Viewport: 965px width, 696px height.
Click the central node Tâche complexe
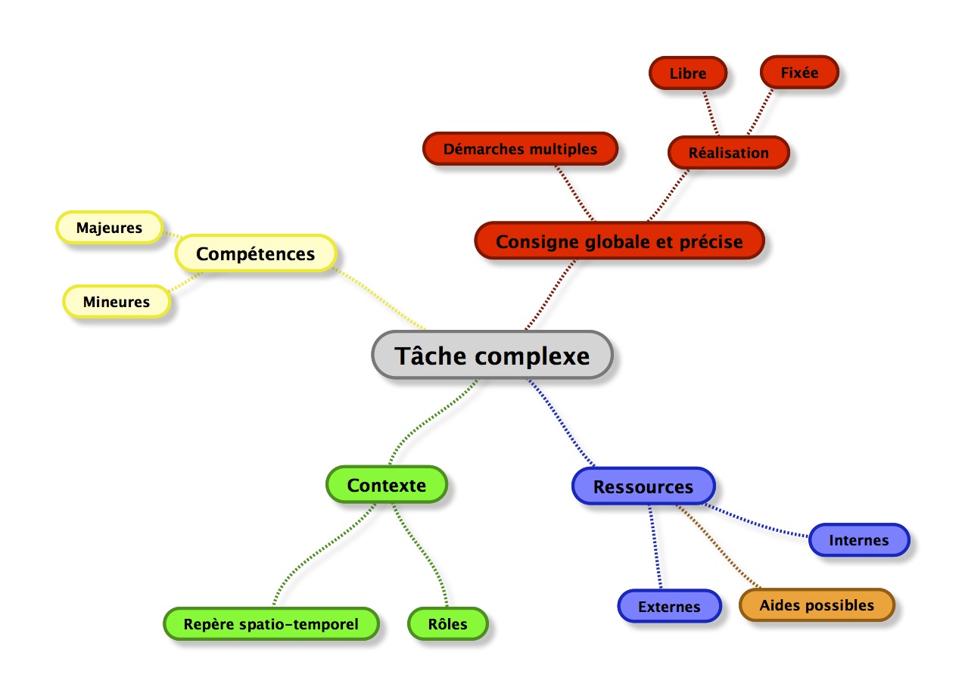pyautogui.click(x=492, y=355)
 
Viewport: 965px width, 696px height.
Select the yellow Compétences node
pyautogui.click(x=256, y=254)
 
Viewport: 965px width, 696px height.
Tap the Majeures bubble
pyautogui.click(x=109, y=228)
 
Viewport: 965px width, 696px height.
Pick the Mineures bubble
pyautogui.click(x=117, y=302)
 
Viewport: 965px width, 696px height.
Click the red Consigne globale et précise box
pyautogui.click(x=619, y=241)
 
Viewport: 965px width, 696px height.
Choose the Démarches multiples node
pyautogui.click(x=520, y=149)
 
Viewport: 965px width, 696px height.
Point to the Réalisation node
pyautogui.click(x=728, y=153)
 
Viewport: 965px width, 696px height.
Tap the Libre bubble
pyautogui.click(x=687, y=73)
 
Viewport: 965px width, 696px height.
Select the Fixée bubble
pyautogui.click(x=799, y=72)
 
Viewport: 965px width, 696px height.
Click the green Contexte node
pyautogui.click(x=386, y=485)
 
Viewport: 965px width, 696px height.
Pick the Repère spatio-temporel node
pyautogui.click(x=271, y=625)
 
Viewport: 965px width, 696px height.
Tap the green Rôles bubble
pyautogui.click(x=447, y=625)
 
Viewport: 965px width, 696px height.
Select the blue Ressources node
pyautogui.click(x=643, y=486)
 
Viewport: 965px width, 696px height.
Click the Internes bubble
pyautogui.click(x=858, y=540)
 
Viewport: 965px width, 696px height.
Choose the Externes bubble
pyautogui.click(x=669, y=607)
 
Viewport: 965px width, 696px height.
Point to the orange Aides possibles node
pyautogui.click(x=817, y=605)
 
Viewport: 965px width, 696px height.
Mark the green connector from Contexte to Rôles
pyautogui.click(x=425, y=552)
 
